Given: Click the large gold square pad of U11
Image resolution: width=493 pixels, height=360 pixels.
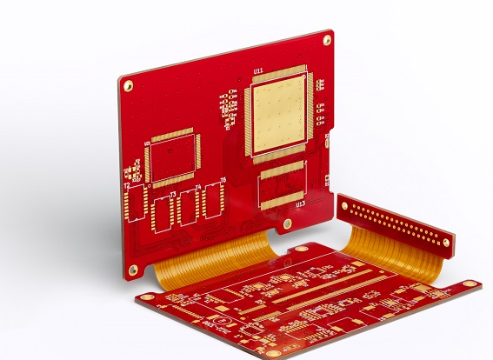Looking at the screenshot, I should (279, 110).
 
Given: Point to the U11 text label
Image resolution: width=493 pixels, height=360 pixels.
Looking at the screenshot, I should (258, 70).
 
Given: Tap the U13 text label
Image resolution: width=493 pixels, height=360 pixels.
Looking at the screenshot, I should (300, 204).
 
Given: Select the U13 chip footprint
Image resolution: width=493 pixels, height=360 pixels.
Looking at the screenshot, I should (283, 185).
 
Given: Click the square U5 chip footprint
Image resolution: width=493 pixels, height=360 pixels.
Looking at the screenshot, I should (172, 158).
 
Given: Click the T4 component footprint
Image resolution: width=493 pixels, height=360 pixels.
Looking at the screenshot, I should (188, 207).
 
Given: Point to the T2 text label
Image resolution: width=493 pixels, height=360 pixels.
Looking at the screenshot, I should (126, 186).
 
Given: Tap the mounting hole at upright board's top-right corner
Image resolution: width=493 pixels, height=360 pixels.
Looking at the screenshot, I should (327, 40).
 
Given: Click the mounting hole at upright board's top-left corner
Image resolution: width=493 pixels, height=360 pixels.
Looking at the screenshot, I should (128, 85).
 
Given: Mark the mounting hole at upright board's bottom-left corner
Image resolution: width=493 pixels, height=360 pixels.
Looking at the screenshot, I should (133, 270).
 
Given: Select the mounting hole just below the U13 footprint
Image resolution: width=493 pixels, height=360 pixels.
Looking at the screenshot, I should (288, 223).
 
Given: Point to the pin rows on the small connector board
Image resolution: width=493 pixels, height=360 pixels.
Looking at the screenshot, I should (396, 223).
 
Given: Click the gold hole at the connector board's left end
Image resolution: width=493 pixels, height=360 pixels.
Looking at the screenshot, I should (344, 203).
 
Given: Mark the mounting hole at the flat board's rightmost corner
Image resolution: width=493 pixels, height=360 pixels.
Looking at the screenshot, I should (470, 283).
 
